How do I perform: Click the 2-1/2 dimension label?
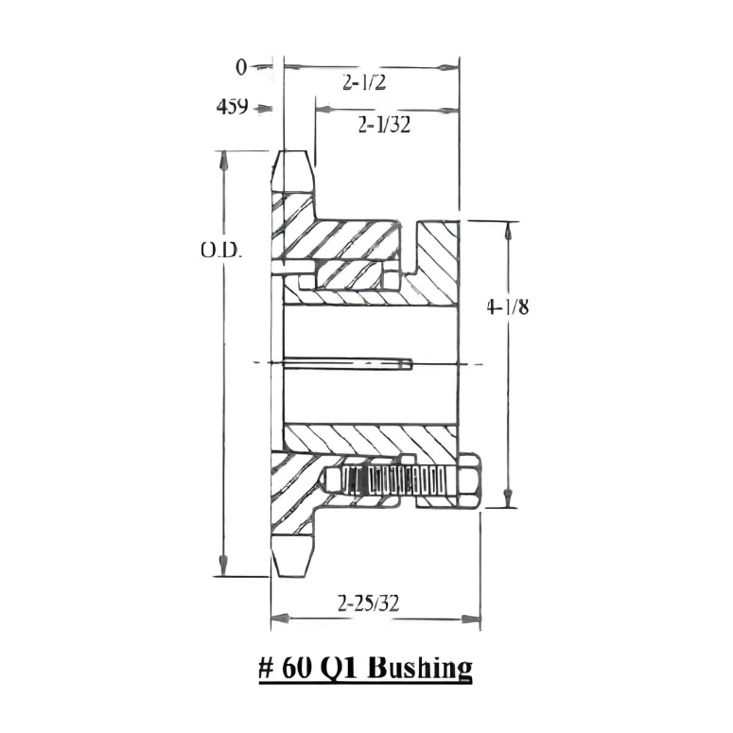pos(364,83)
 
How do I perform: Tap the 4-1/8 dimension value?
pos(507,306)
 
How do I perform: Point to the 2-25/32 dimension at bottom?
pos(368,603)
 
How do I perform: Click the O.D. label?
pos(220,251)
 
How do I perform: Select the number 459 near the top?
pos(233,107)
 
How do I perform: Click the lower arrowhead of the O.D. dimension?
pos(224,567)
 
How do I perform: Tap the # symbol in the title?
pos(266,668)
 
